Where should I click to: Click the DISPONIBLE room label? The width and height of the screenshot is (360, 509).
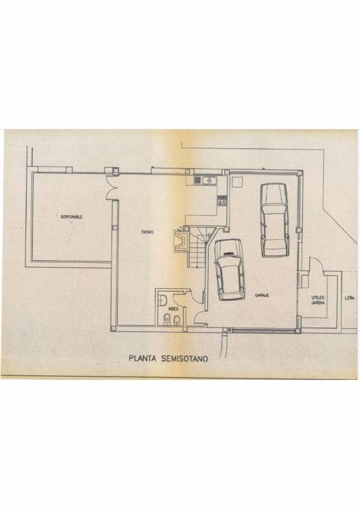[71, 217]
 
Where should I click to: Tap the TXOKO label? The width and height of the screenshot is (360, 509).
[147, 232]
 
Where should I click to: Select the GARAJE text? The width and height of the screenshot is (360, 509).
[261, 295]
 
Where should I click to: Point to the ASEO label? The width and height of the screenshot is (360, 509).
[174, 309]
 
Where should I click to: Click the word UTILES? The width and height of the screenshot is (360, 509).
[318, 297]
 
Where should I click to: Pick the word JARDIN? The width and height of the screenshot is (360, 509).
[318, 303]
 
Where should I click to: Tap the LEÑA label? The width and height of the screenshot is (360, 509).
[350, 298]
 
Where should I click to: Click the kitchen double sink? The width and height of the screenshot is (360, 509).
[209, 180]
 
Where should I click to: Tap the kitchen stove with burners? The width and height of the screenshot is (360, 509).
[222, 201]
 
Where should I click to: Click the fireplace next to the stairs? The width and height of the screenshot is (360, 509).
[181, 241]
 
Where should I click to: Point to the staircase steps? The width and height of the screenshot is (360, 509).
[198, 247]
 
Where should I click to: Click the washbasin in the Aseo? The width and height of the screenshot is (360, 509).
[162, 300]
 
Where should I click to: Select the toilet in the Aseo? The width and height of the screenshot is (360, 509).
[167, 320]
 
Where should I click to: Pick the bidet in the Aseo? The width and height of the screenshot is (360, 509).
[177, 321]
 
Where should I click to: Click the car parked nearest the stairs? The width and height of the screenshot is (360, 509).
[230, 270]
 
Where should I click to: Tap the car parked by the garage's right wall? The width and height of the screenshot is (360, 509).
[275, 220]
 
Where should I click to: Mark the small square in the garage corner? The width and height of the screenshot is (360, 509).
[237, 183]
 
